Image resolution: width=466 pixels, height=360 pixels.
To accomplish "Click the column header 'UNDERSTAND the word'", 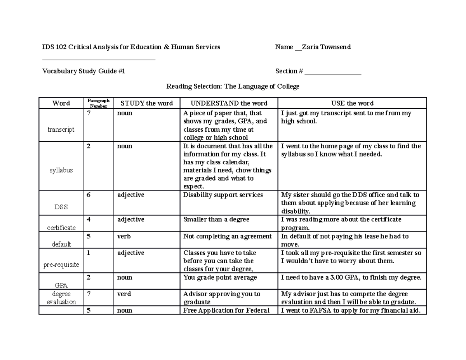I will click(229, 103).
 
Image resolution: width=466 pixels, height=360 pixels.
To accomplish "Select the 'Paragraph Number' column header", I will click(98, 103).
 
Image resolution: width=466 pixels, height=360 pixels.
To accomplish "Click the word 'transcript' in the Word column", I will click(61, 130).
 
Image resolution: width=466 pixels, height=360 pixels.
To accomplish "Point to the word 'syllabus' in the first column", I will click(61, 170).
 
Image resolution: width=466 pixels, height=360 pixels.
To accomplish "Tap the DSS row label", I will click(61, 207).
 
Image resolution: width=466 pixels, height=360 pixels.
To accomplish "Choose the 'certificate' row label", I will click(61, 228).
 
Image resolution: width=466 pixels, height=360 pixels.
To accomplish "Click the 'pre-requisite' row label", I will click(61, 264).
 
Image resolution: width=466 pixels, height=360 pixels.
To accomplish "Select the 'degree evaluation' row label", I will click(61, 298).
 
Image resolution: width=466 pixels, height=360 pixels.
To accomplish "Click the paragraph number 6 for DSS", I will click(89, 195).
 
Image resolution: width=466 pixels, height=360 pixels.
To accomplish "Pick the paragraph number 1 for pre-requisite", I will click(89, 253).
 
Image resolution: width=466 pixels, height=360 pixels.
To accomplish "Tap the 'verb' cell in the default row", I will click(124, 237).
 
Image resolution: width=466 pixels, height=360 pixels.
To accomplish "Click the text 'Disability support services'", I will click(223, 195).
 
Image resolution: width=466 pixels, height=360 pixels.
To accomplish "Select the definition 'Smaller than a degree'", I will click(216, 219).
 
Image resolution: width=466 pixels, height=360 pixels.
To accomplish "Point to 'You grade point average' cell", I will click(220, 278).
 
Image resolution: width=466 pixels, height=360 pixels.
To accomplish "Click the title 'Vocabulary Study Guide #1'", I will click(83, 71).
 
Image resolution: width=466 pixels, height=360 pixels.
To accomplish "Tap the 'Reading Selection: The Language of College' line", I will click(233, 87).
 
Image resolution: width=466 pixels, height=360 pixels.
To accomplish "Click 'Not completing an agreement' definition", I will click(228, 237).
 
